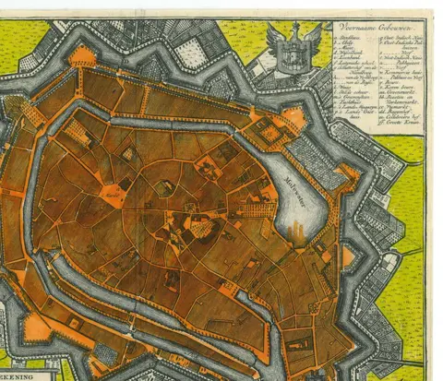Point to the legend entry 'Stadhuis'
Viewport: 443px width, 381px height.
coord(350,37)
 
